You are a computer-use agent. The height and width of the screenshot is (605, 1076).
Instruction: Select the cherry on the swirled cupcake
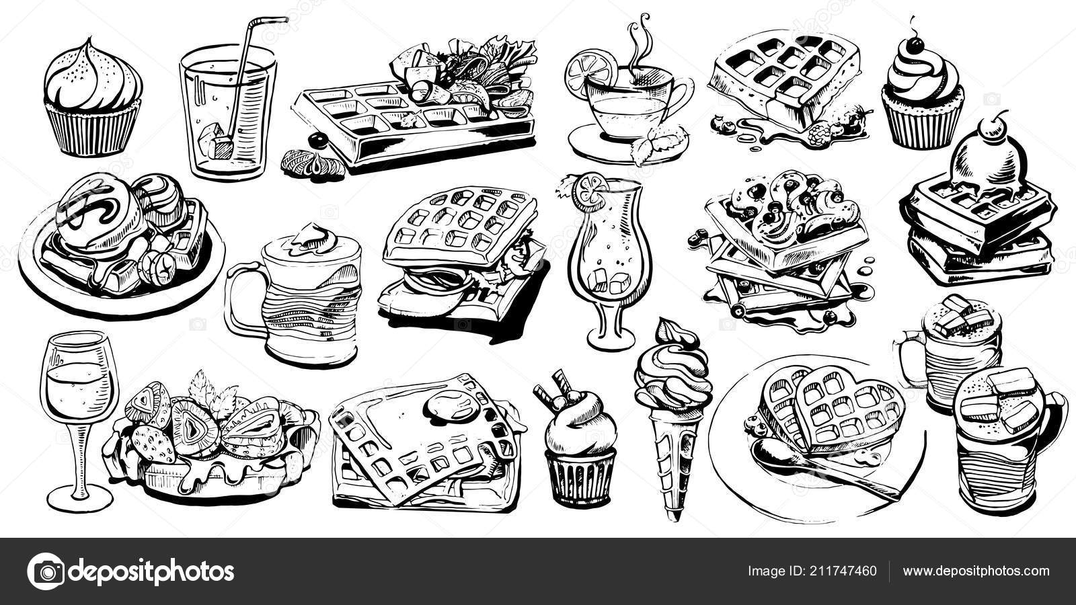[915, 45]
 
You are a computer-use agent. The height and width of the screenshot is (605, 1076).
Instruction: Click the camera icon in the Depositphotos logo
[46, 571]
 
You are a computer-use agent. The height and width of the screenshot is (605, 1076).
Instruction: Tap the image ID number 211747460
[843, 571]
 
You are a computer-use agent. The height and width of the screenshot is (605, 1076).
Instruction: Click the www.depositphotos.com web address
[976, 571]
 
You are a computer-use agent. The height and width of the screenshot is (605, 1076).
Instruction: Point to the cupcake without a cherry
[93, 98]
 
